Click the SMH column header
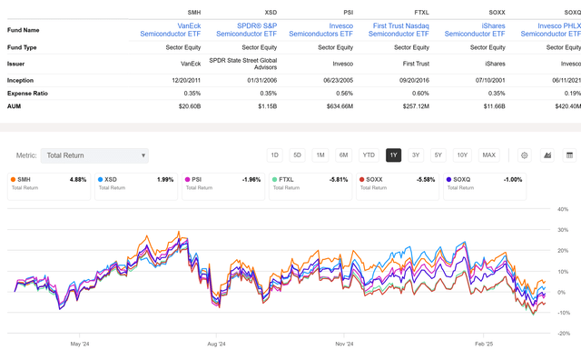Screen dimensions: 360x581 click(x=182, y=13)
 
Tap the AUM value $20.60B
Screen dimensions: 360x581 click(x=182, y=105)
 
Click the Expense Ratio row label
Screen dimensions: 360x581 click(x=28, y=92)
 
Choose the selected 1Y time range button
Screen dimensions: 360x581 click(x=393, y=155)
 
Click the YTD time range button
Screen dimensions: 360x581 click(x=368, y=155)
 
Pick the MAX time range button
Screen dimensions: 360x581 click(x=489, y=155)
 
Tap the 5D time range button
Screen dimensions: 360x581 click(x=298, y=155)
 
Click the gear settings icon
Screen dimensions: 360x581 click(x=524, y=155)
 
